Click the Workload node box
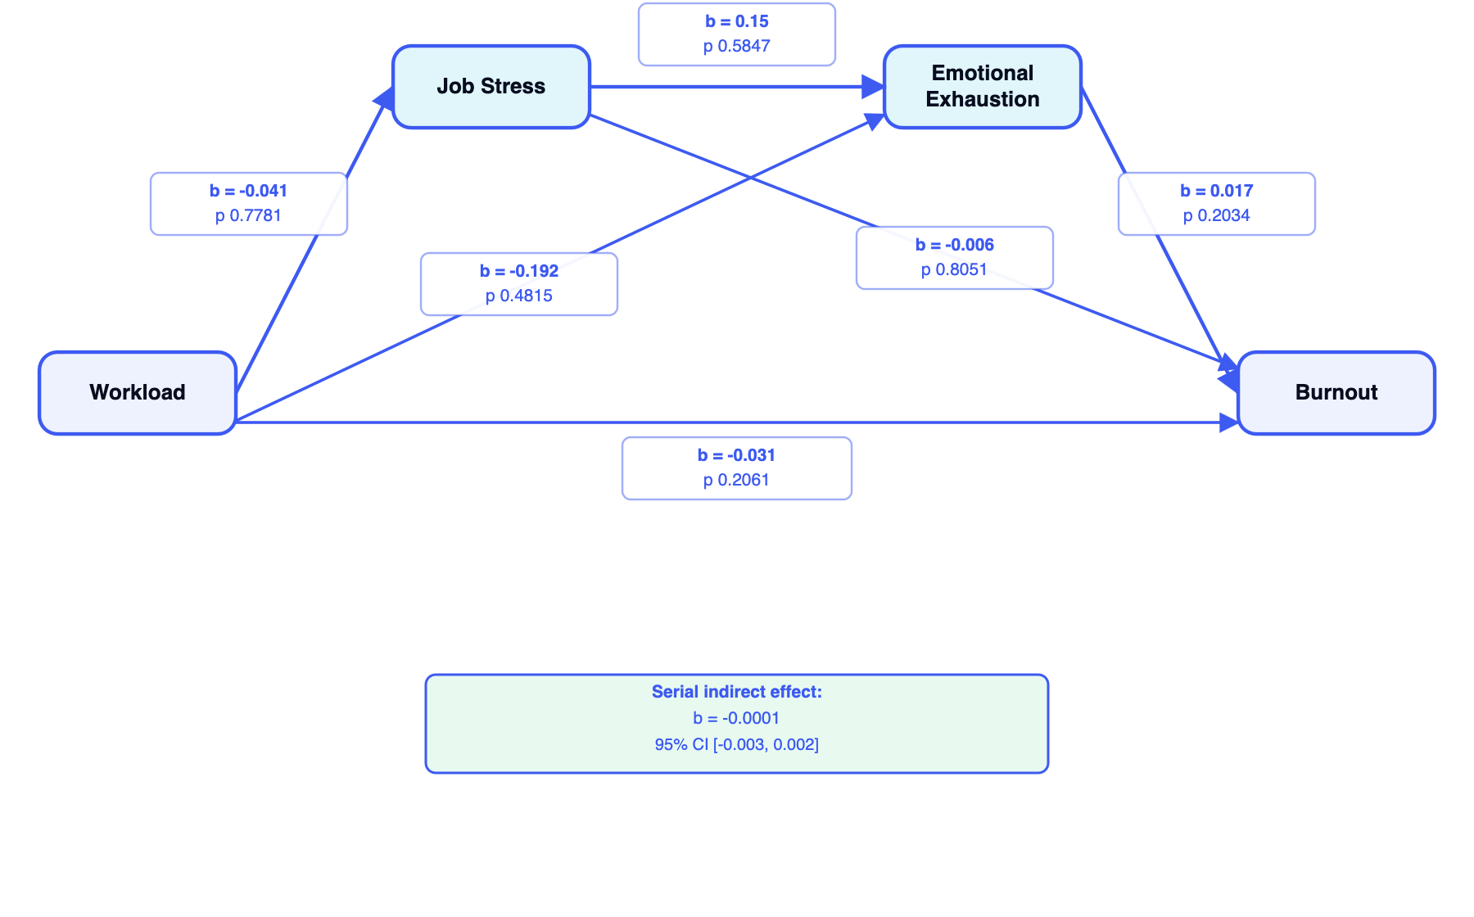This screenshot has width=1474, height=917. (138, 393)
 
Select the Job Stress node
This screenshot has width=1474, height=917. (491, 87)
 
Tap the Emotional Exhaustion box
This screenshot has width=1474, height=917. (983, 87)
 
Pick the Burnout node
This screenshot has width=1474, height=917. (1336, 393)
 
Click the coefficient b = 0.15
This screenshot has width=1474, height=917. (737, 22)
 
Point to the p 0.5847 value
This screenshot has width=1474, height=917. (737, 47)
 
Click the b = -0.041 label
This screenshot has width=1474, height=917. (249, 192)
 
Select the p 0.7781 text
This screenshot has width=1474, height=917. (249, 216)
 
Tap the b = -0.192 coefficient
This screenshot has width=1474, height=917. (519, 272)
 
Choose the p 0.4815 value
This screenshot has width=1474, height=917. (519, 296)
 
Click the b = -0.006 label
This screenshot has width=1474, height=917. (955, 246)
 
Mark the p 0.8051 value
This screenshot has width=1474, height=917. (955, 270)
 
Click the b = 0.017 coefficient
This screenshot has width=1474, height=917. (1217, 192)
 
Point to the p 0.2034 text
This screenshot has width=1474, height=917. (1217, 216)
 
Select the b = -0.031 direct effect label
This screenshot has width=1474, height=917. (737, 456)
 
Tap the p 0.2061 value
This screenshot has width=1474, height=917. (737, 481)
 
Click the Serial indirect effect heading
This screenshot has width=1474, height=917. (737, 693)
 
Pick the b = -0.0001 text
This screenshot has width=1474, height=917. (737, 719)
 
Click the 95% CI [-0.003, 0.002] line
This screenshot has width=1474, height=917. (737, 745)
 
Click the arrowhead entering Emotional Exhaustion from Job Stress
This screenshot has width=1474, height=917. (874, 87)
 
